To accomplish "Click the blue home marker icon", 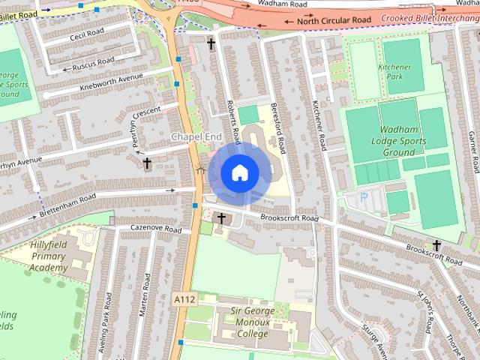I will (x=238, y=173).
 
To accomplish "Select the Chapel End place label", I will (x=196, y=136).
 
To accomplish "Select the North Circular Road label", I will (x=334, y=20).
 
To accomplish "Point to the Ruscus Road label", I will (x=94, y=63).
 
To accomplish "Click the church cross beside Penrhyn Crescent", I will (x=147, y=163).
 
